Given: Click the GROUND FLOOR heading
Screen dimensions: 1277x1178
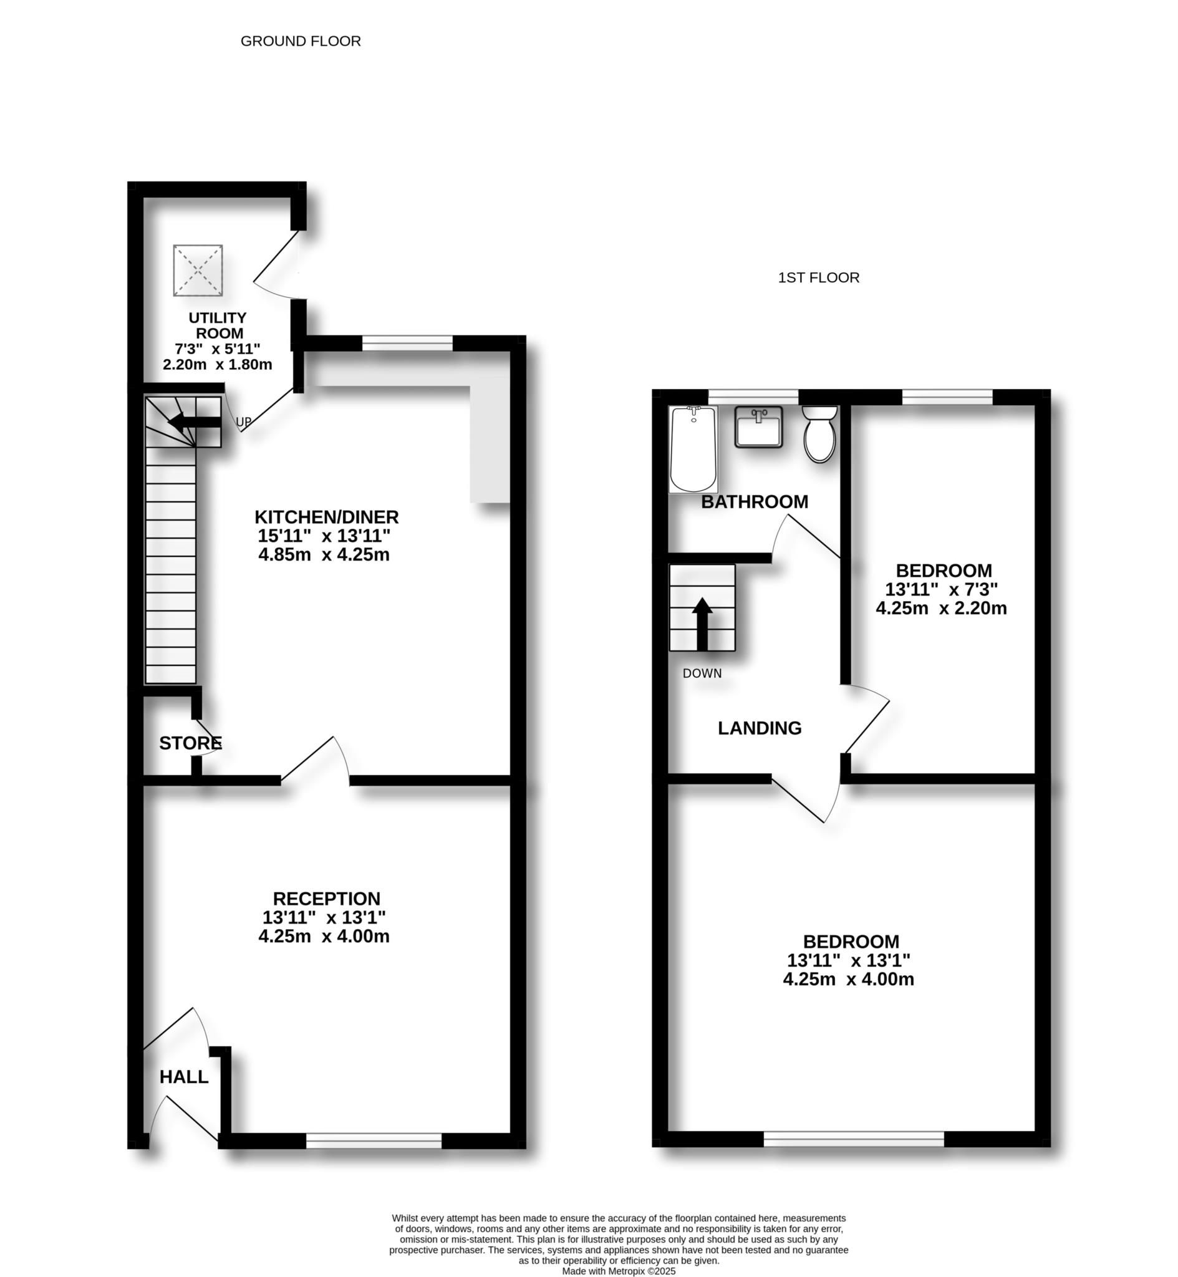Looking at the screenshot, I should pyautogui.click(x=300, y=41).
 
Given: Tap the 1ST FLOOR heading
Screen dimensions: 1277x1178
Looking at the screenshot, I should pyautogui.click(x=818, y=278).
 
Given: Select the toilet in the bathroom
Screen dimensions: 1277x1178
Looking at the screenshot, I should pyautogui.click(x=820, y=435).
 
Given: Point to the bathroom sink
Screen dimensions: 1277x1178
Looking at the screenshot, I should pyautogui.click(x=758, y=428).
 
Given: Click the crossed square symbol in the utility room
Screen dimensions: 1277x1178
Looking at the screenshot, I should pyautogui.click(x=198, y=270).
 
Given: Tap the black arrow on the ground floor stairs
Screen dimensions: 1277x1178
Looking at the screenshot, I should pyautogui.click(x=194, y=422).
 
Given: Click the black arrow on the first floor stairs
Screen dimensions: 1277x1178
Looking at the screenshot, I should pyautogui.click(x=702, y=624).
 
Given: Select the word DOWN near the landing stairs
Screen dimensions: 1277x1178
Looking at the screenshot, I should pyautogui.click(x=702, y=673).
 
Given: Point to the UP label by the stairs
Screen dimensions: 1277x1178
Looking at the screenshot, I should pyautogui.click(x=243, y=422).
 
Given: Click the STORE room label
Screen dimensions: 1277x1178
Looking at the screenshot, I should pyautogui.click(x=190, y=743).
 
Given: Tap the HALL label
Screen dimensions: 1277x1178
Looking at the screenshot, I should pyautogui.click(x=183, y=1077).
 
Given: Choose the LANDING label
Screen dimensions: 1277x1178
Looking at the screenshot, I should pyautogui.click(x=759, y=728).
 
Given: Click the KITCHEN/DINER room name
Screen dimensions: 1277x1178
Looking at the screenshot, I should pyautogui.click(x=326, y=517).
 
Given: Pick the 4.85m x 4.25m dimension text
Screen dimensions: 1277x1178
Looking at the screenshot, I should pyautogui.click(x=324, y=554).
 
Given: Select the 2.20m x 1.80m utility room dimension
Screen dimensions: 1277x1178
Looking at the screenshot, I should pyautogui.click(x=218, y=365).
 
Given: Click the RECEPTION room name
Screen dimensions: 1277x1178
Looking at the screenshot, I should pyautogui.click(x=326, y=899).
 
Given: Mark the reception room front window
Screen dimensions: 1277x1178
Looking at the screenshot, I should pyautogui.click(x=374, y=1141).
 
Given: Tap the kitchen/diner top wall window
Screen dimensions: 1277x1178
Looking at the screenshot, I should pyautogui.click(x=407, y=344).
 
